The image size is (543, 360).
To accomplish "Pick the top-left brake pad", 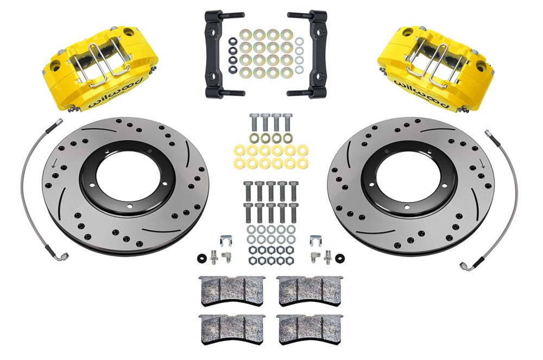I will coord(232,290).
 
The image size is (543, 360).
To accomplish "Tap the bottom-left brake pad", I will coord(232,327).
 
